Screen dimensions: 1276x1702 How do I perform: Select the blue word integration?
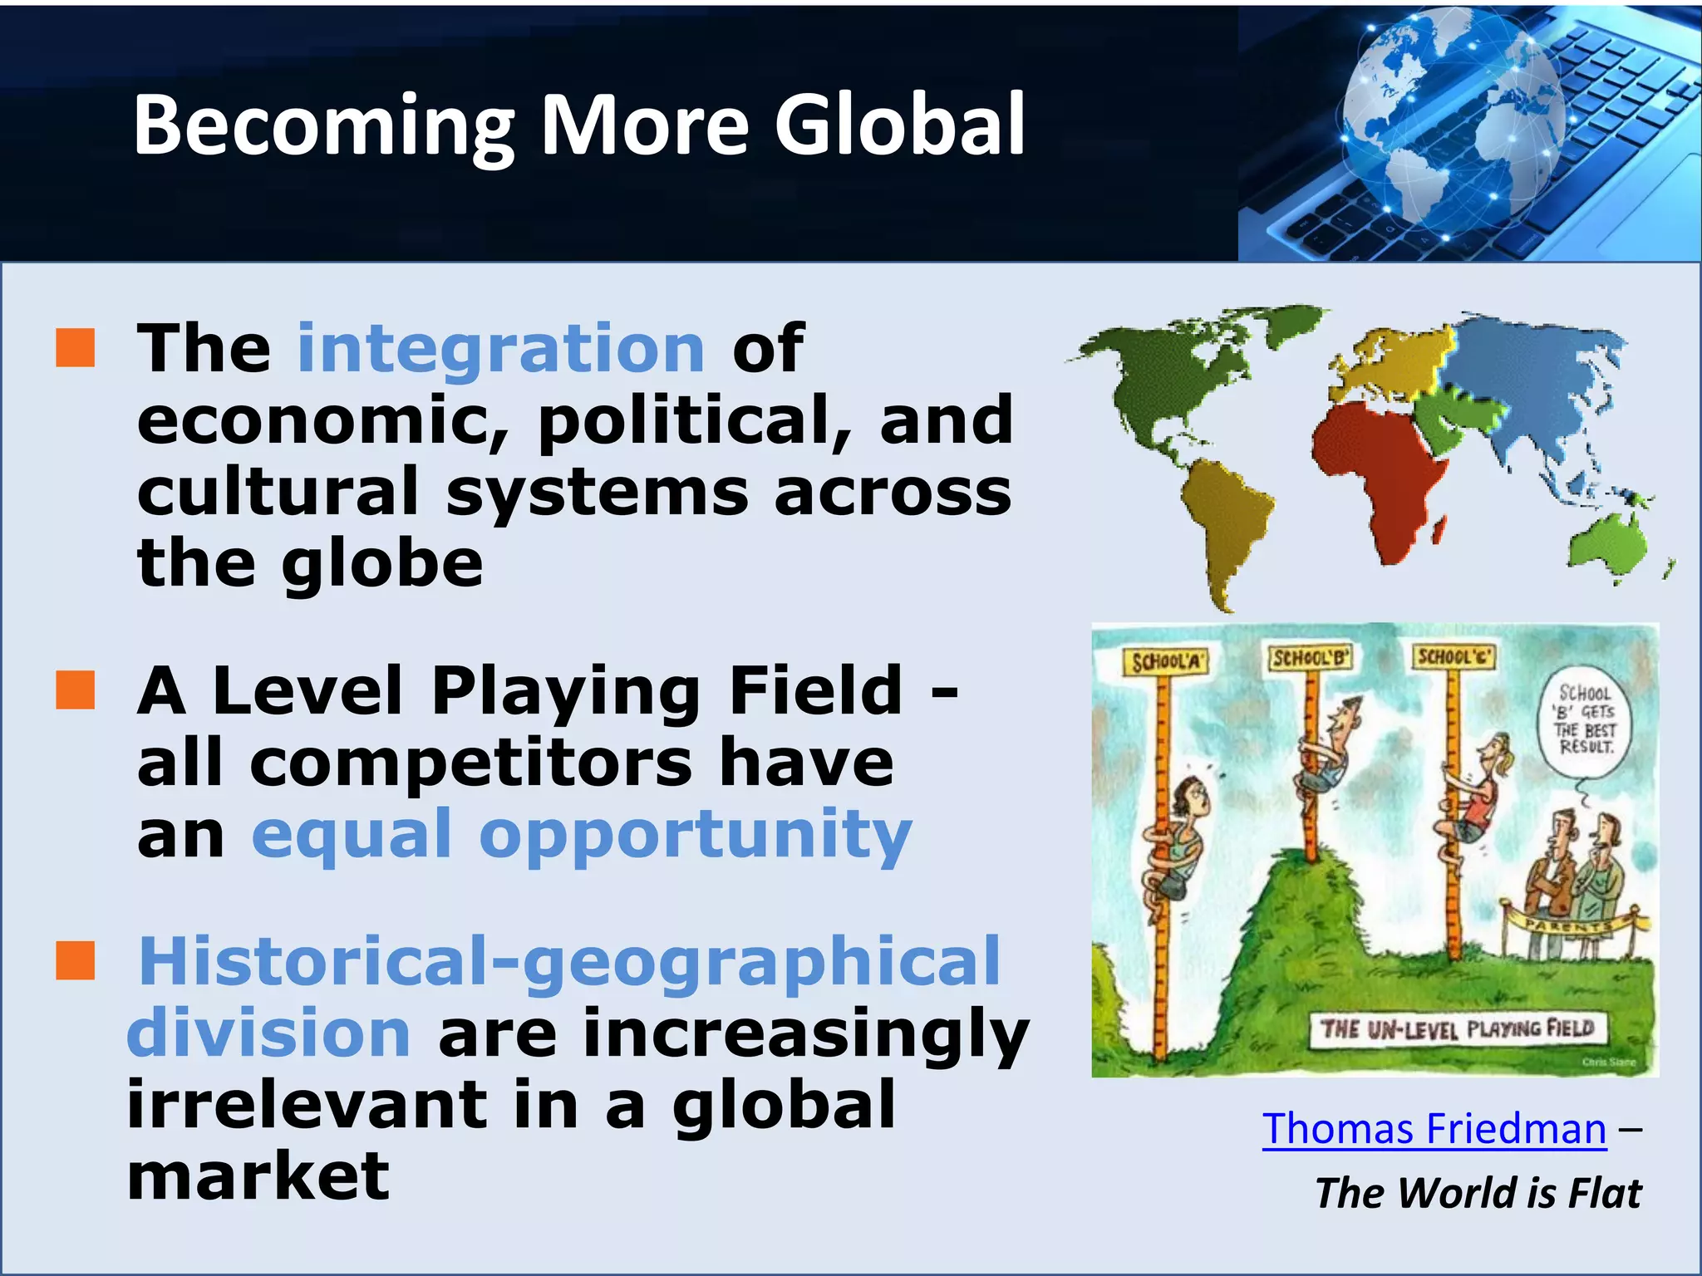click(x=501, y=348)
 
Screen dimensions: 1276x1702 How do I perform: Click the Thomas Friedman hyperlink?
click(x=1434, y=1130)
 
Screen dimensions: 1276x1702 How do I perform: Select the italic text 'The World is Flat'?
click(x=1478, y=1193)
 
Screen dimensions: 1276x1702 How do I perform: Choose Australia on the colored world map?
click(x=1608, y=544)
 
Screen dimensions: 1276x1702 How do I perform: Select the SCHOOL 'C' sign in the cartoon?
click(x=1454, y=657)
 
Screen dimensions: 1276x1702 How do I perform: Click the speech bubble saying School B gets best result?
click(x=1586, y=720)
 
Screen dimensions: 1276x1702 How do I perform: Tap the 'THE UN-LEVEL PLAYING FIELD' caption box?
click(x=1457, y=1030)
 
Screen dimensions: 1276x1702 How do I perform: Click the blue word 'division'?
click(x=268, y=1033)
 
